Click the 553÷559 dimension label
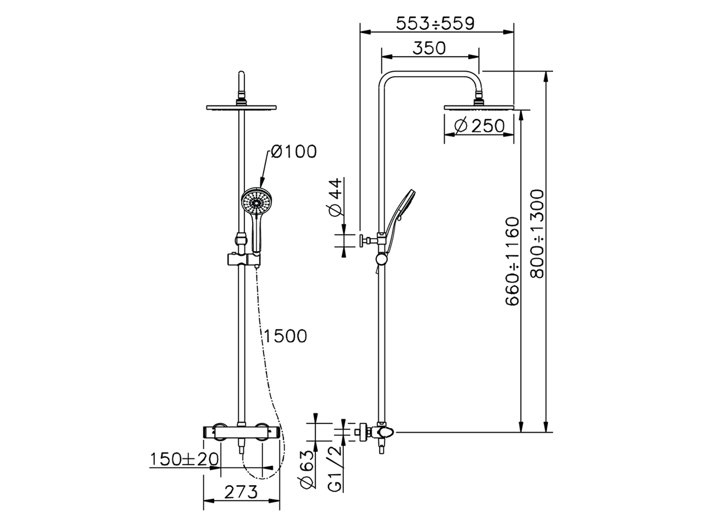click(x=435, y=24)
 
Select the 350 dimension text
click(x=429, y=48)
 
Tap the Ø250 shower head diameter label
click(x=479, y=126)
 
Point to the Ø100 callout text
click(x=293, y=152)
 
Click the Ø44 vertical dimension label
click(x=334, y=198)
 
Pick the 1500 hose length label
click(x=284, y=336)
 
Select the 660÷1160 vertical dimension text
click(x=511, y=261)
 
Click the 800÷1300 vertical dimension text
click(x=537, y=234)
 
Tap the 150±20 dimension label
click(x=185, y=459)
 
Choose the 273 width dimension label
click(x=241, y=492)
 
